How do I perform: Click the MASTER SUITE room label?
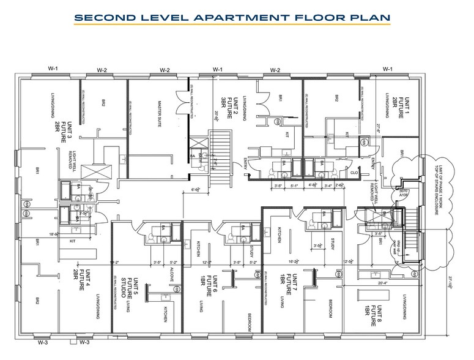coord(158,114)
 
